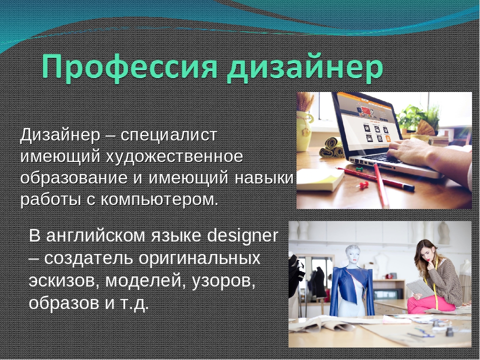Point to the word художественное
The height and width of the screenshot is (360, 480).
[174, 156]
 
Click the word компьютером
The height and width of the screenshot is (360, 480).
[159, 199]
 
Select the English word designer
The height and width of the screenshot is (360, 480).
[243, 235]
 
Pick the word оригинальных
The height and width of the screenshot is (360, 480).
[199, 258]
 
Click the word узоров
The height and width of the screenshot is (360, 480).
[223, 281]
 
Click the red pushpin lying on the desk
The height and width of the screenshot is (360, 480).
[363, 185]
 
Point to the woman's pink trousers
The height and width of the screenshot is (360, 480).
[430, 304]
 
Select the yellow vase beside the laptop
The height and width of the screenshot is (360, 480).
[304, 131]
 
